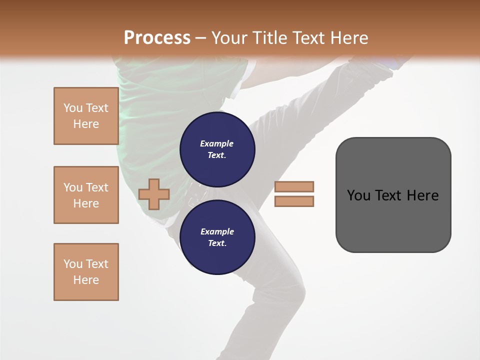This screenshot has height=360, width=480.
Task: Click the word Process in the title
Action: (x=157, y=37)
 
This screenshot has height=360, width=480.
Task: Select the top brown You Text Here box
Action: (x=86, y=116)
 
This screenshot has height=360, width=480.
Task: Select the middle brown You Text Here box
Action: (x=86, y=195)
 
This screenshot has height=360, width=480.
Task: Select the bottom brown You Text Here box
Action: (x=86, y=272)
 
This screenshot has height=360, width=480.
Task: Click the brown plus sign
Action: (x=154, y=194)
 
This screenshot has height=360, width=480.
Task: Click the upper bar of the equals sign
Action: (x=294, y=186)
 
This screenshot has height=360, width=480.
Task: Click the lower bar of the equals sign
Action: (x=294, y=201)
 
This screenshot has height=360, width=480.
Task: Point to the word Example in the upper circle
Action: (x=217, y=143)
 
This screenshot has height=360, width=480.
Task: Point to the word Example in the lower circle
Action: (x=217, y=231)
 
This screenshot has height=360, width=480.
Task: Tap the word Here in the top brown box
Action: (x=86, y=124)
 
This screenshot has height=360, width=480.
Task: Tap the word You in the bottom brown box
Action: (x=73, y=264)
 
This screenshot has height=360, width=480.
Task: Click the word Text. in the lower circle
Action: (x=217, y=243)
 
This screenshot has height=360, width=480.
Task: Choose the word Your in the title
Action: (x=229, y=38)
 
